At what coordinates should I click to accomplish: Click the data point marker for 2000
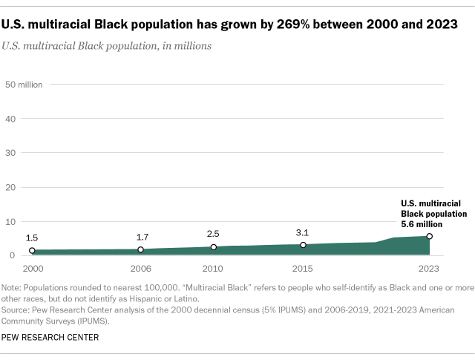pyautogui.click(x=32, y=251)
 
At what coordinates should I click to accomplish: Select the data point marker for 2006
pyautogui.click(x=140, y=249)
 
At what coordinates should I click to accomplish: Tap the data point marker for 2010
pyautogui.click(x=213, y=247)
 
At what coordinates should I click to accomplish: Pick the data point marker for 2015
pyautogui.click(x=303, y=245)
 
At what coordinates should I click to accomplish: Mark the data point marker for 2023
pyautogui.click(x=429, y=237)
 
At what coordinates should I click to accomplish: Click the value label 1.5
pyautogui.click(x=32, y=238)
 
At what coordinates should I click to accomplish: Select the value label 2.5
pyautogui.click(x=213, y=234)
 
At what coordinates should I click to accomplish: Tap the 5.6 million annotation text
pyautogui.click(x=421, y=223)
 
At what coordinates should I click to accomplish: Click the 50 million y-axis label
pyautogui.click(x=24, y=84)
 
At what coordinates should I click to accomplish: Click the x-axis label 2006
pyautogui.click(x=141, y=268)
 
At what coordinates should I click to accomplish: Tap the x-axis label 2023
pyautogui.click(x=428, y=268)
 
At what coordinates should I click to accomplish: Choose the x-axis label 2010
pyautogui.click(x=213, y=268)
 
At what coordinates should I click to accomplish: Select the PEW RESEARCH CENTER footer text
pyautogui.click(x=50, y=338)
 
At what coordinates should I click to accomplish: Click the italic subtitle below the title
pyautogui.click(x=107, y=46)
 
